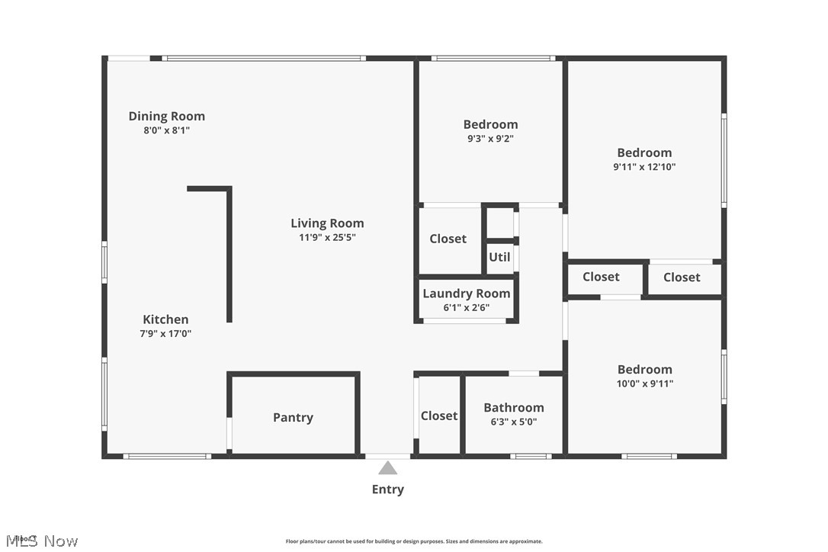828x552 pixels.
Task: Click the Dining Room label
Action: [166, 116]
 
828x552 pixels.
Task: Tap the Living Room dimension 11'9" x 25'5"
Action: [327, 237]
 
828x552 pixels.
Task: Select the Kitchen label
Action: [165, 319]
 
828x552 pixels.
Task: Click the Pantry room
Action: [293, 417]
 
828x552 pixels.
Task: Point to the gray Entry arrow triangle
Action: [388, 468]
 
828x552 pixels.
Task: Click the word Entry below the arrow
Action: [388, 489]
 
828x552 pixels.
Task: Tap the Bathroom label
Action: [513, 407]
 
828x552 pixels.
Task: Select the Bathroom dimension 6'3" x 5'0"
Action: [513, 422]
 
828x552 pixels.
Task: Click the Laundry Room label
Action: [466, 294]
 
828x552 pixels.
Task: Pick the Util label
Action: [499, 257]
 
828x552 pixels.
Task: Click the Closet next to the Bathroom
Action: [439, 416]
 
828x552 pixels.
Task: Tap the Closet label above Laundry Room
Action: [448, 239]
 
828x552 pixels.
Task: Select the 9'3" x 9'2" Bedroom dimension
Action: [490, 139]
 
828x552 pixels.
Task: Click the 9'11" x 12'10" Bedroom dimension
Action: [644, 167]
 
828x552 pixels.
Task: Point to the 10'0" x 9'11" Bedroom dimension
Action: [644, 384]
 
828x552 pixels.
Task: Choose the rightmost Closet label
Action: [682, 278]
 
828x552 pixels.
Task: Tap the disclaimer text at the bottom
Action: [414, 541]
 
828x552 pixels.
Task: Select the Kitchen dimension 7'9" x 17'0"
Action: [165, 333]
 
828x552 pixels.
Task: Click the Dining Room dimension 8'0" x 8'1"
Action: [166, 130]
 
